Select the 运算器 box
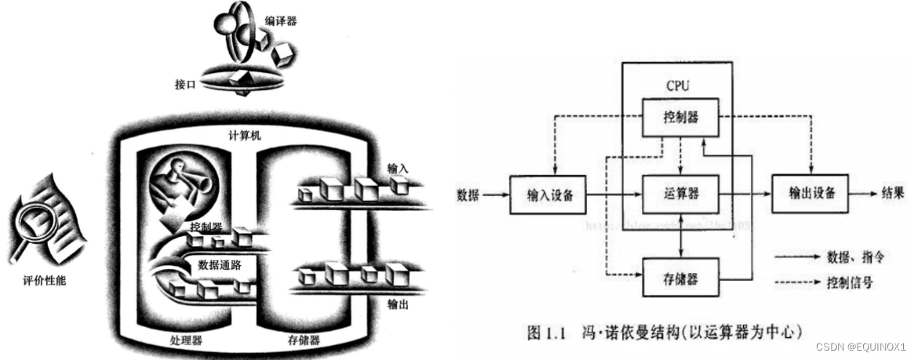[x=681, y=191]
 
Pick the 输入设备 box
[x=547, y=193]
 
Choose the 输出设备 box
[x=810, y=191]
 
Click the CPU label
[x=679, y=83]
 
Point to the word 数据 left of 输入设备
[x=470, y=192]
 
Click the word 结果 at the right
[x=893, y=191]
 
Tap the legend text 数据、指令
[x=854, y=256]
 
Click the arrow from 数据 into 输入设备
[x=497, y=193]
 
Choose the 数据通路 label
[x=219, y=264]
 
